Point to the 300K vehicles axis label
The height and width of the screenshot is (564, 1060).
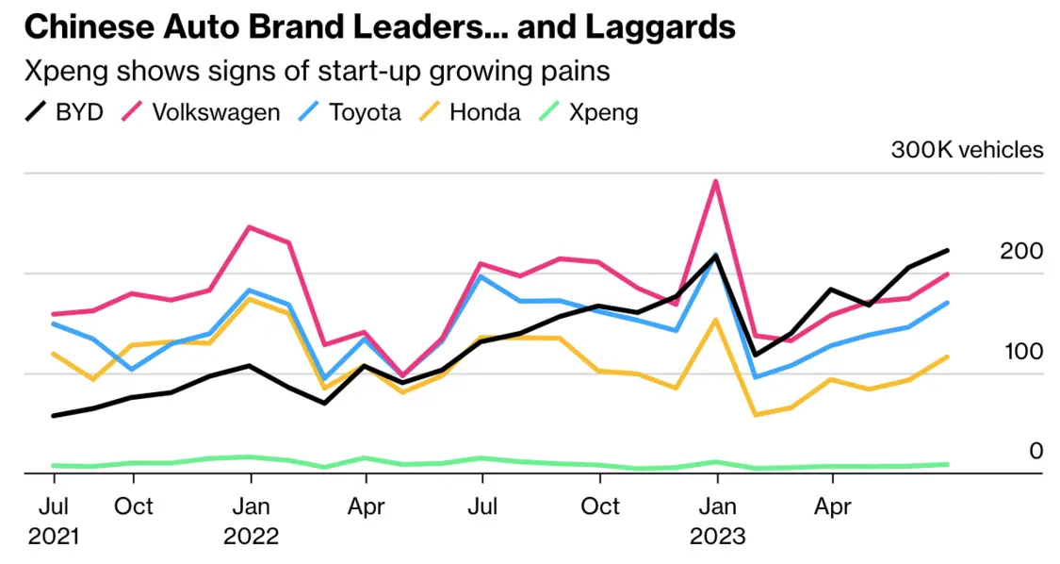(967, 150)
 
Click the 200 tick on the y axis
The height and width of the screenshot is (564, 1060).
(1022, 251)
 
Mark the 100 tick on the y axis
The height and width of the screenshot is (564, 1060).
(1022, 351)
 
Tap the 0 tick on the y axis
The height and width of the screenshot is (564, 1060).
(1036, 451)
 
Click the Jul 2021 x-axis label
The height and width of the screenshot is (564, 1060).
(53, 521)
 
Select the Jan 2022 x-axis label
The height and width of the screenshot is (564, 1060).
(251, 521)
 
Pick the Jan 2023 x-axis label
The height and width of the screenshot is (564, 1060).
(717, 521)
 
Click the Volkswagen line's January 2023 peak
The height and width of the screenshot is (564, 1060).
(716, 181)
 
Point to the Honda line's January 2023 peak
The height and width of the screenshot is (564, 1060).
(716, 320)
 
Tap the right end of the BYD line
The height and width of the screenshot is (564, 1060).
(947, 250)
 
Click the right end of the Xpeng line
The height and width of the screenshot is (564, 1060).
(947, 464)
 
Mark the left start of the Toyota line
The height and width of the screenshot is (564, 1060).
(53, 323)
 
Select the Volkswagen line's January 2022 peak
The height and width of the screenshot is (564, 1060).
(250, 227)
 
